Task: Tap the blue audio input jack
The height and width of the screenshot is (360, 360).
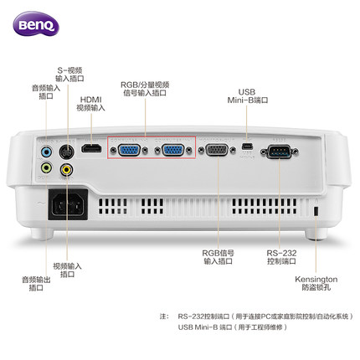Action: click(47, 152)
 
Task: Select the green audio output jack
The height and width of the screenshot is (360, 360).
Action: click(47, 168)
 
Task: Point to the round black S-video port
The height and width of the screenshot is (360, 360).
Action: click(66, 152)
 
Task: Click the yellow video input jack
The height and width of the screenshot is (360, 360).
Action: click(66, 168)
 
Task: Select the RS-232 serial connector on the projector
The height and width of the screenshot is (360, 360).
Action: click(276, 152)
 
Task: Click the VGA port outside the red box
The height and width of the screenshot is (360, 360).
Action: click(217, 151)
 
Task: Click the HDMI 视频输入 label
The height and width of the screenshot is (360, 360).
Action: click(91, 102)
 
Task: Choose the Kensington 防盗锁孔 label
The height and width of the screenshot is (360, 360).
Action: click(315, 281)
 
